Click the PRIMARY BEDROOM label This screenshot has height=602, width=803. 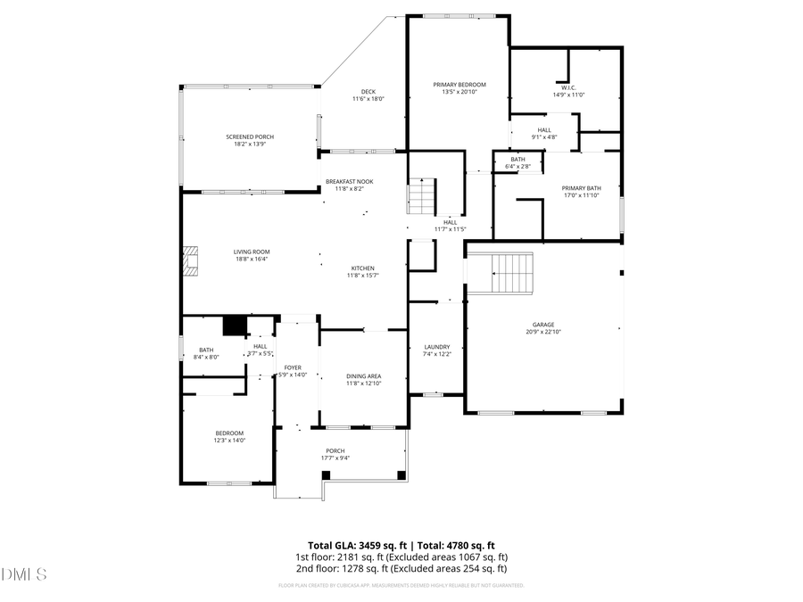pos(459,85)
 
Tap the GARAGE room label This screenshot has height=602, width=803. pos(543,325)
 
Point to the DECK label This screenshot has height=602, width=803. pos(368,91)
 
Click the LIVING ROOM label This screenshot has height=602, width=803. pos(252,252)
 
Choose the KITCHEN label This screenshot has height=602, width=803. pos(362,268)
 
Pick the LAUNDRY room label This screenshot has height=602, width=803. pos(437,347)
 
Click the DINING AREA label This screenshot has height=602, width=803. pos(363,376)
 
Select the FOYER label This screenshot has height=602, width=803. pos(293,367)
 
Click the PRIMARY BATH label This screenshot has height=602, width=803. pos(581,188)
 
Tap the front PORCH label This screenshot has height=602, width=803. pos(335,451)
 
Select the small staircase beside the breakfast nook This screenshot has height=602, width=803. pos(422,193)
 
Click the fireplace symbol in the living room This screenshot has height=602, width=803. pos(189,261)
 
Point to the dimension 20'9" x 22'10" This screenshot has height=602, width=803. pos(543,332)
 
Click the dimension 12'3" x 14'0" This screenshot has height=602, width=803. pos(228,441)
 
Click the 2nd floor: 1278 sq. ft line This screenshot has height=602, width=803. pos(401,568)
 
